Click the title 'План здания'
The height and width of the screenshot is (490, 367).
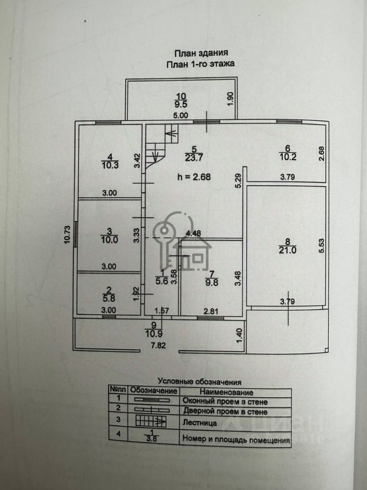click(x=201, y=53)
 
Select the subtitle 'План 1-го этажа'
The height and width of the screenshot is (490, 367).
click(x=200, y=64)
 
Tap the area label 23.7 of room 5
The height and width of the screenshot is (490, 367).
click(x=194, y=158)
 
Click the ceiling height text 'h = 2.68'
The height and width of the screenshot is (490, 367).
click(x=194, y=177)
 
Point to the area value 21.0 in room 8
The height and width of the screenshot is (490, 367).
click(x=287, y=250)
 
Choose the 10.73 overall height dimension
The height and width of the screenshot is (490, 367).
click(x=67, y=235)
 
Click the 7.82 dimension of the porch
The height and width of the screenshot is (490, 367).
click(x=158, y=346)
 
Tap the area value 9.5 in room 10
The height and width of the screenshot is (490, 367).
click(x=181, y=104)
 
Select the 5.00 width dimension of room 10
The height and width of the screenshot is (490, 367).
click(x=180, y=115)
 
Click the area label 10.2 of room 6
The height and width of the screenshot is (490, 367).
click(x=287, y=157)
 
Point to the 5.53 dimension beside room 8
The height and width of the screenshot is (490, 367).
click(x=322, y=246)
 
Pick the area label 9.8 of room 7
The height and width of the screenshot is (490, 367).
click(x=212, y=283)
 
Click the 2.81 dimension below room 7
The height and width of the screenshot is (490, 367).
click(x=211, y=311)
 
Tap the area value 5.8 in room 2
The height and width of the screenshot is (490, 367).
click(x=109, y=299)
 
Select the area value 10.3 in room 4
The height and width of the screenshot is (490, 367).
click(x=110, y=165)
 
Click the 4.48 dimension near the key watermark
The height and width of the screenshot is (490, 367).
click(x=194, y=233)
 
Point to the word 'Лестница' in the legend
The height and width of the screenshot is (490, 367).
click(x=200, y=423)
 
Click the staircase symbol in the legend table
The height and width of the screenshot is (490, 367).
click(x=151, y=421)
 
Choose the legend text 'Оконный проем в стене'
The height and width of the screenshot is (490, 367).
click(x=225, y=401)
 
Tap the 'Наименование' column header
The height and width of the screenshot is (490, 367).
click(x=226, y=392)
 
